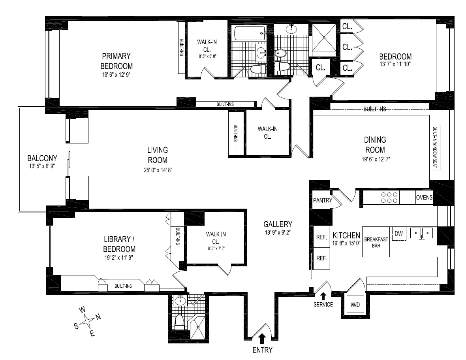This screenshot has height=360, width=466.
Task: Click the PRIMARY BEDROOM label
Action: tap(116, 60)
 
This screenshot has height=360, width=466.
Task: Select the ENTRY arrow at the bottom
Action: tap(262, 338)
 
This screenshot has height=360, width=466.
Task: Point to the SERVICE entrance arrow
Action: tap(323, 296)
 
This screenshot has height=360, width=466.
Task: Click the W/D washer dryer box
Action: tap(354, 305)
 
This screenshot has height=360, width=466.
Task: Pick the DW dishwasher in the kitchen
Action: tap(398, 234)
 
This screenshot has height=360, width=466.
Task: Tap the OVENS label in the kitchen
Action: tap(424, 197)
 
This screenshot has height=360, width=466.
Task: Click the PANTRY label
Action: tap(322, 200)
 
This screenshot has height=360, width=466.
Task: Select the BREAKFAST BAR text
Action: tap(376, 242)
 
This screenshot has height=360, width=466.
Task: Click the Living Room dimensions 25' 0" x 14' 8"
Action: tap(157, 170)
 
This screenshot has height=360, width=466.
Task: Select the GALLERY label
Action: tap(278, 224)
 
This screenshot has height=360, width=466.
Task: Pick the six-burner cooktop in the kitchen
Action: tap(389, 197)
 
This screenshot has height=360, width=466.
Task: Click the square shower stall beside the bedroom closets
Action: tap(325, 38)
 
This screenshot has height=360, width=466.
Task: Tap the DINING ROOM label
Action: tap(375, 145)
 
